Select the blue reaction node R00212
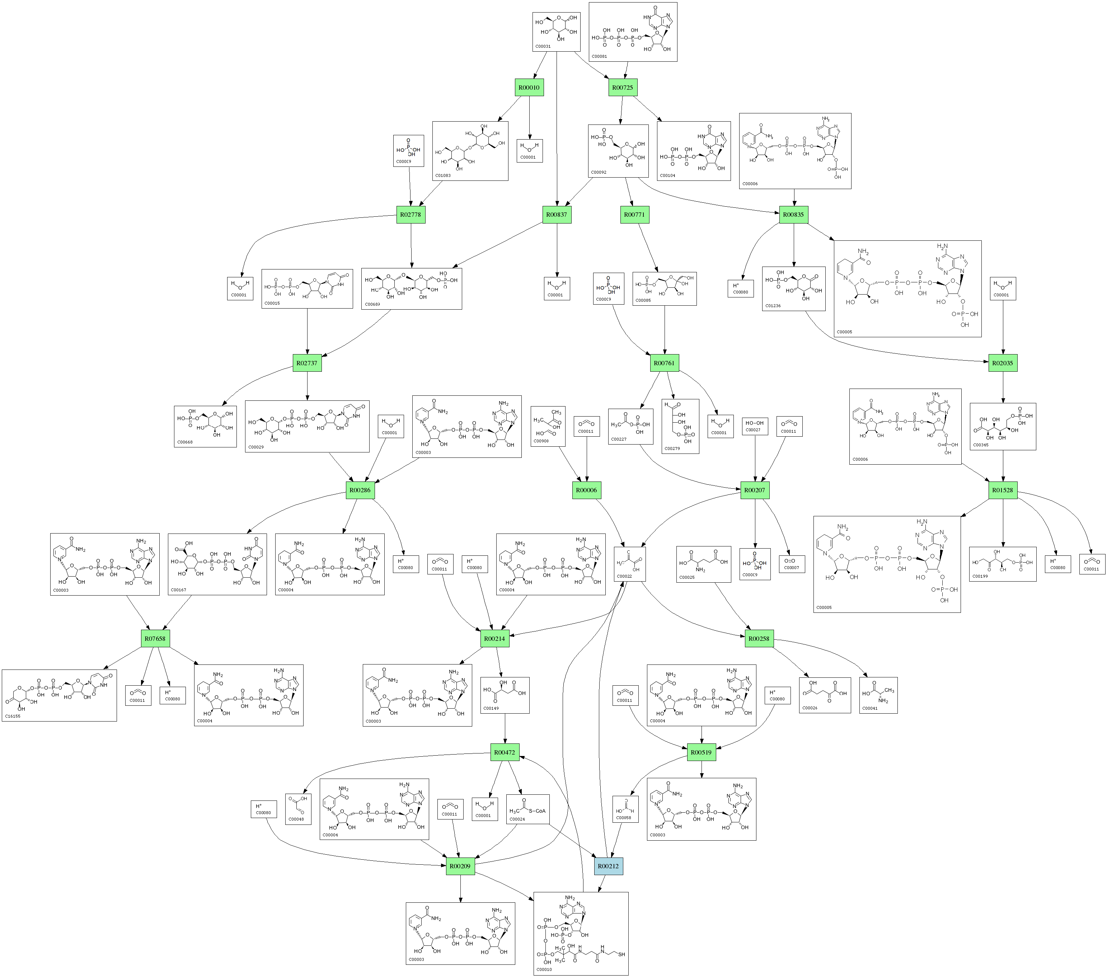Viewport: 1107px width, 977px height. [608, 866]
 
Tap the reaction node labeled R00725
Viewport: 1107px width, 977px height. [622, 88]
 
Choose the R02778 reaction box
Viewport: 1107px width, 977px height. [411, 215]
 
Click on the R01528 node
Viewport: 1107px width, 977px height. [1003, 490]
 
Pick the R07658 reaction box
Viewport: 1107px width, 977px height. [155, 639]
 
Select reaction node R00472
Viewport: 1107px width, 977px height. [505, 752]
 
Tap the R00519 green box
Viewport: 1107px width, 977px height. [702, 752]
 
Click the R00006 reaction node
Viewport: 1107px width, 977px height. [587, 490]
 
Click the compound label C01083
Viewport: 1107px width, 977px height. [443, 175]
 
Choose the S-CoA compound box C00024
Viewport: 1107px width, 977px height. [528, 809]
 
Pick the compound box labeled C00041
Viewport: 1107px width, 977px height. [878, 695]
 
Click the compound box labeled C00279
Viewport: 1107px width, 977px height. [680, 426]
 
